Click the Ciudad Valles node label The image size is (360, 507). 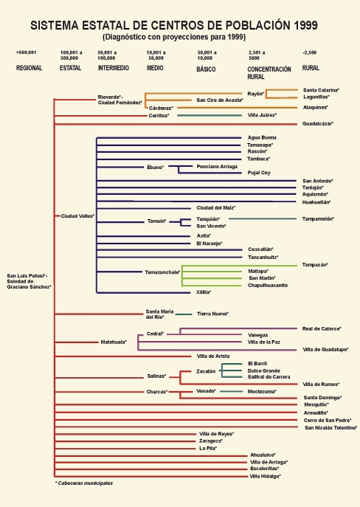coord(77,216)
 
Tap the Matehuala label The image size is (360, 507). coord(114,342)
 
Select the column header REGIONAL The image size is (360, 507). coord(29,68)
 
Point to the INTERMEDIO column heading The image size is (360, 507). coord(114,68)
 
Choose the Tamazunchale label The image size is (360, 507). coord(162,272)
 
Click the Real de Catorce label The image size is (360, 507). coord(322,329)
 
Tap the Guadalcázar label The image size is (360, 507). coord(318,123)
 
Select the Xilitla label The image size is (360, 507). coord(204,292)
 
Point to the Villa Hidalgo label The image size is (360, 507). coord(266,476)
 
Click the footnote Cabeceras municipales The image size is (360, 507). coord(84,483)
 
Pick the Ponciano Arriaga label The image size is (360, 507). coord(217,167)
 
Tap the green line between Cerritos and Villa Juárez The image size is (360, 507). coord(210,115)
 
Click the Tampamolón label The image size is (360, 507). coord(318,219)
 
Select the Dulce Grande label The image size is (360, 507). coord(264,371)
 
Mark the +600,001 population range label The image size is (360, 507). coord(26,52)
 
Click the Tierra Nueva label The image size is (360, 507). coord(213,314)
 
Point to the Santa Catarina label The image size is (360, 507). coord(321,90)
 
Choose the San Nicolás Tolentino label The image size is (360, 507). coord(331,428)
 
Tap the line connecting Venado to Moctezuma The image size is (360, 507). coord(232,392)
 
